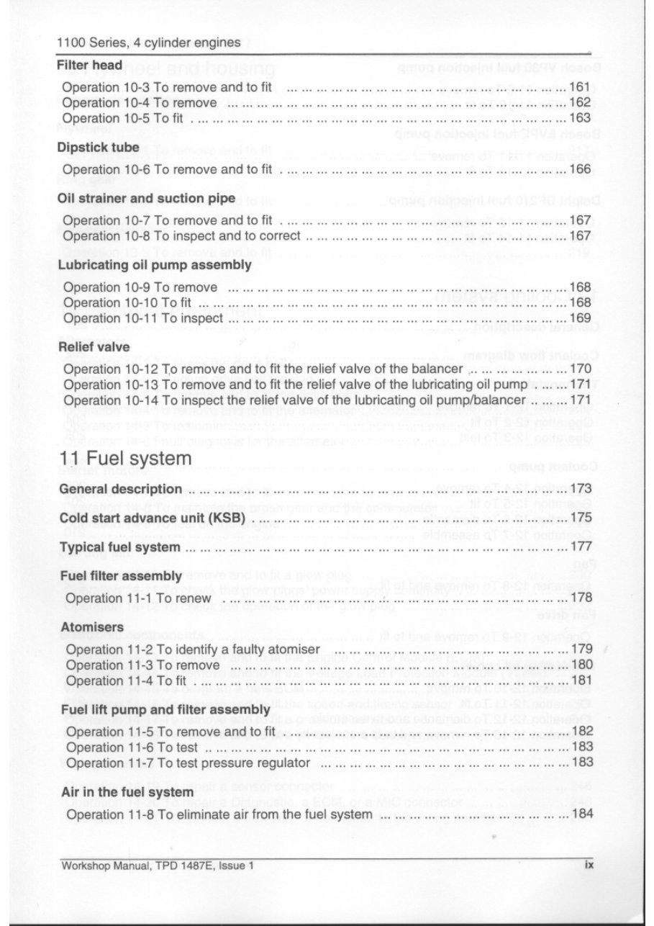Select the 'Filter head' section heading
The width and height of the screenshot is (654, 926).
pyautogui.click(x=89, y=66)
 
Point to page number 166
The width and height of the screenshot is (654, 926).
pyautogui.click(x=580, y=169)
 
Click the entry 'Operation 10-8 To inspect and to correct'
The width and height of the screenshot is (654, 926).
pyautogui.click(x=182, y=235)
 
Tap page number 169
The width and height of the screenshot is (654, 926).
pyautogui.click(x=580, y=318)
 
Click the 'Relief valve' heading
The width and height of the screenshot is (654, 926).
pyautogui.click(x=94, y=346)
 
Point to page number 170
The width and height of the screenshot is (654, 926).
pyautogui.click(x=580, y=369)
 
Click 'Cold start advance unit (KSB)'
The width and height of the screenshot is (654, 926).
pyautogui.click(x=153, y=518)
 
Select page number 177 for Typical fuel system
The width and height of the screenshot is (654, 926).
pyautogui.click(x=580, y=547)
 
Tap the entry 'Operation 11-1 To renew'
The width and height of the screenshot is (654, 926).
pyautogui.click(x=140, y=598)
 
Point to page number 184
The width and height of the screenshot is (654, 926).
pyautogui.click(x=580, y=814)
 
